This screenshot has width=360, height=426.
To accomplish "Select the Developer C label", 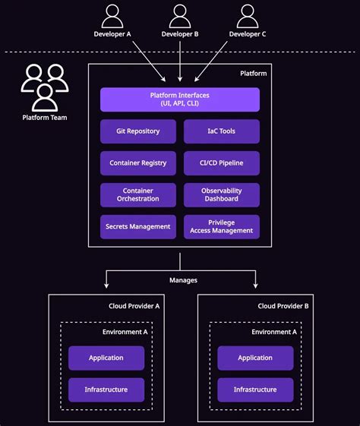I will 248,34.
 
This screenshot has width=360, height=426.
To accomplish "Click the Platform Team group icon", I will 43,87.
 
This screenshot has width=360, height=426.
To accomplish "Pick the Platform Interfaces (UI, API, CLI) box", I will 180,99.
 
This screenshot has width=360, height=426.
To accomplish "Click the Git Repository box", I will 137,131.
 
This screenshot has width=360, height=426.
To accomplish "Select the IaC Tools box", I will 222,131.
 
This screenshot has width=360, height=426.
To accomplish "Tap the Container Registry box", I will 137,163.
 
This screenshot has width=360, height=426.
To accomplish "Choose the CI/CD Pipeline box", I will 222,163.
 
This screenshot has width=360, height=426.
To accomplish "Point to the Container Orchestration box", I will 137,195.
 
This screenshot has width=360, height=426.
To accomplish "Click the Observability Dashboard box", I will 222,195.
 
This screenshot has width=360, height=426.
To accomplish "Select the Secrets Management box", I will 137,226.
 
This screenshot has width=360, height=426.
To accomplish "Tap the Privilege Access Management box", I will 222,226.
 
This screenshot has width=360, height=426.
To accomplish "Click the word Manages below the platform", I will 183,280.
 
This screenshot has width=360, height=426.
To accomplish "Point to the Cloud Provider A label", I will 134,306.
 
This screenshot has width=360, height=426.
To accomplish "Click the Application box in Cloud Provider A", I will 106,358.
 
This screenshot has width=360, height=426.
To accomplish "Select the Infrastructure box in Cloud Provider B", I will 255,390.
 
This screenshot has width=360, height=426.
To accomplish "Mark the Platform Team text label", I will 43,118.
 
